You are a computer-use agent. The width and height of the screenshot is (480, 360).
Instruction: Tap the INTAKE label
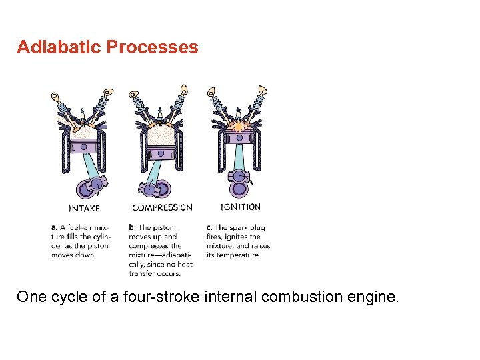point(84,208)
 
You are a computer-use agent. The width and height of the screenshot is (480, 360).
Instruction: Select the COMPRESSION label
point(162,207)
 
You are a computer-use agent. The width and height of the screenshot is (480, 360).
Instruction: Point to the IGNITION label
point(241,207)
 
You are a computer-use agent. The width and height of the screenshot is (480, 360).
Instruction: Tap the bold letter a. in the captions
point(54,228)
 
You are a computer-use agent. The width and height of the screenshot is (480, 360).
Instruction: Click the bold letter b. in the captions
point(132,228)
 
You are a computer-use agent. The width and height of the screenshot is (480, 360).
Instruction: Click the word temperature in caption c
point(238,255)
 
